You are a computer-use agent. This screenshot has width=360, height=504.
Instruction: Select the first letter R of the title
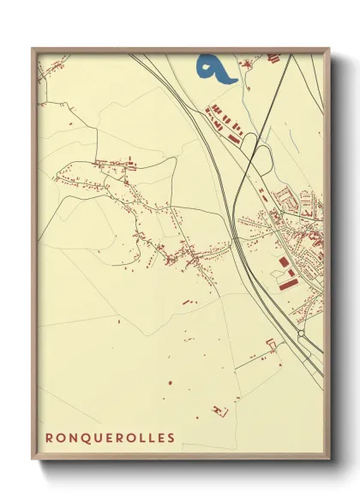50,438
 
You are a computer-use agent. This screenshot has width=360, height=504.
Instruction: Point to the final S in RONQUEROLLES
171,438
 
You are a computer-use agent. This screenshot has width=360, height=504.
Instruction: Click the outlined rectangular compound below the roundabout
273,345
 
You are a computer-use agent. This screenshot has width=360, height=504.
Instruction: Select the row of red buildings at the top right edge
274,57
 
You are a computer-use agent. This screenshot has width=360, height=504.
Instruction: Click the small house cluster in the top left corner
40,80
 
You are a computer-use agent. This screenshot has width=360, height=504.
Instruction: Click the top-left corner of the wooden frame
33,48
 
